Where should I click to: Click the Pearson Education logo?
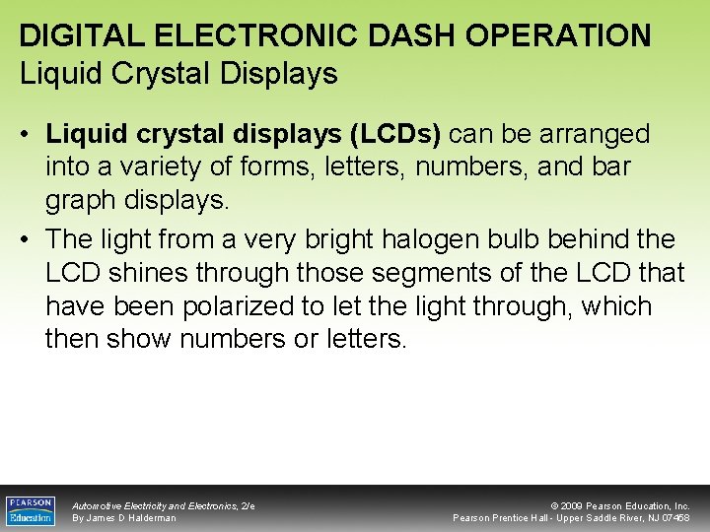point(31,510)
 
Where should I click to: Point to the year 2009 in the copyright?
point(574,505)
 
